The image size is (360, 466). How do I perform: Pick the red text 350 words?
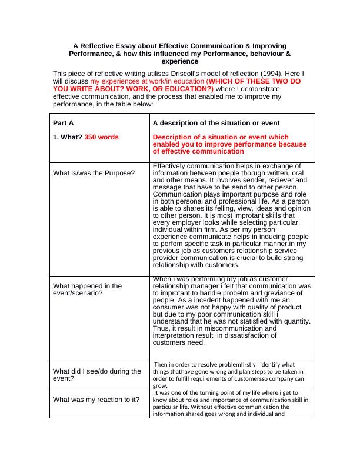101,137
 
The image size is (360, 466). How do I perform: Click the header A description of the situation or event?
216,124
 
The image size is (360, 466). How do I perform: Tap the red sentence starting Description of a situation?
229,144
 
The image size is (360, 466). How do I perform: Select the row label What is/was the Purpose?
94,173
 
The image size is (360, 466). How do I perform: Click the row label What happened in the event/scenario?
88,289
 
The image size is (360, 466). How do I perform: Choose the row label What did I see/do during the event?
97,375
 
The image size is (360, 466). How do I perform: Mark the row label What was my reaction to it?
96,400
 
